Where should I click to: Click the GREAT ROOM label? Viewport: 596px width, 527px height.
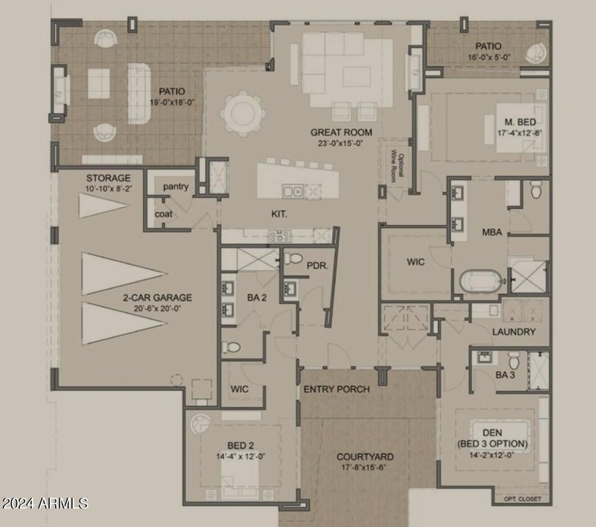click(x=341, y=132)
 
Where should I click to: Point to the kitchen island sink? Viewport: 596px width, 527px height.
click(x=293, y=191)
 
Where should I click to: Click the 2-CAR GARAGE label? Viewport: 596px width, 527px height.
click(x=157, y=297)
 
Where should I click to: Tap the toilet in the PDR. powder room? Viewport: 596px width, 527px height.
click(x=293, y=258)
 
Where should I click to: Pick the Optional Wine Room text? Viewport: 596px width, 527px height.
click(x=398, y=165)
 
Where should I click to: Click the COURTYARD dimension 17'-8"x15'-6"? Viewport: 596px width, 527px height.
click(x=363, y=467)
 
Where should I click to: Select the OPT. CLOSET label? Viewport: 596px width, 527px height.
click(x=522, y=499)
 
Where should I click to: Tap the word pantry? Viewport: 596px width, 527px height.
click(x=176, y=187)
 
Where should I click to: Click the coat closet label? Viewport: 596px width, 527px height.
click(x=164, y=214)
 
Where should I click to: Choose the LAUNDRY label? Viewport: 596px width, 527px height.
click(x=513, y=332)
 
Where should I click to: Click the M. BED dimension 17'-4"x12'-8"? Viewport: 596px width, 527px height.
click(x=520, y=133)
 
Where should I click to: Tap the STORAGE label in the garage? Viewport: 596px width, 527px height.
click(x=108, y=178)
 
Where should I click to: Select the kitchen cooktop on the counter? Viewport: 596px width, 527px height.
click(x=279, y=236)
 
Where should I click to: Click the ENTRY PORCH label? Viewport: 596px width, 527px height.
click(x=336, y=389)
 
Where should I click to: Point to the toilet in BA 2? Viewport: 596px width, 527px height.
click(x=231, y=347)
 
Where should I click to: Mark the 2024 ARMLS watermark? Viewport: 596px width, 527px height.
click(x=44, y=504)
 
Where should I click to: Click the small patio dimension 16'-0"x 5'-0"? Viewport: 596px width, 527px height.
click(x=489, y=58)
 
